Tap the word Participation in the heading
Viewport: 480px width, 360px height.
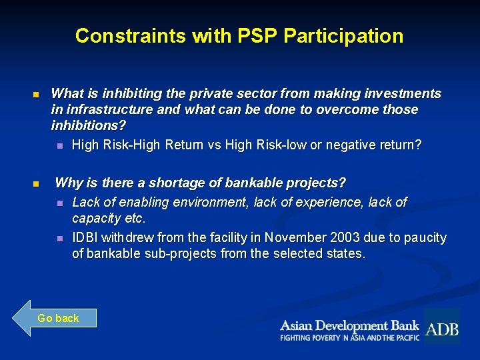coord(343,35)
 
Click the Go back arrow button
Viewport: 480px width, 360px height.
coord(55,318)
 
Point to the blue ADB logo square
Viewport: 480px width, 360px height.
coord(441,326)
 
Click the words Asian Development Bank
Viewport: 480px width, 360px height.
coord(349,325)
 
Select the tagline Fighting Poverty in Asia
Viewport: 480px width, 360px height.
coord(349,338)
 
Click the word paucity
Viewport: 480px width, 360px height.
coord(423,238)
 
